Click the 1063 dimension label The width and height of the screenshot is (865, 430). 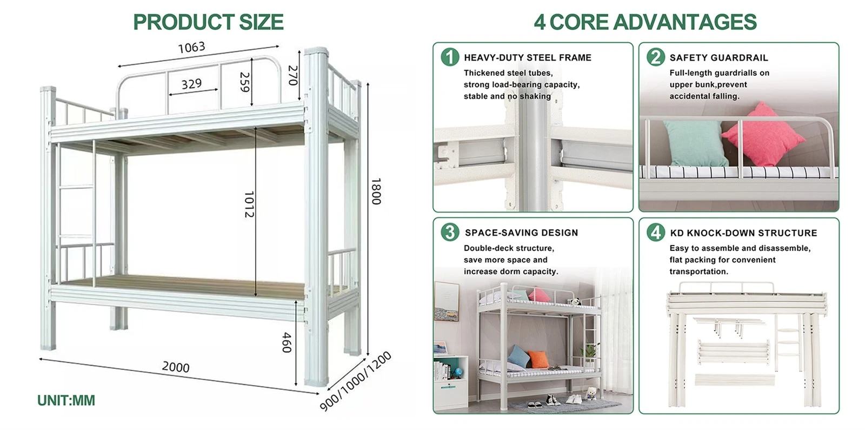(x=191, y=48)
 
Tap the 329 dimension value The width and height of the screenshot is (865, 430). (x=191, y=83)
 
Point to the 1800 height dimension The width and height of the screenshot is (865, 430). (x=376, y=191)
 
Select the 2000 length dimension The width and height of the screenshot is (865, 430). (x=176, y=367)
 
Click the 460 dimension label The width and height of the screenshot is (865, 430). (x=287, y=342)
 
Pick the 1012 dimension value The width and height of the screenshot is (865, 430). (x=249, y=204)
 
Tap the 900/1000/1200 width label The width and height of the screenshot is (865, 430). (x=356, y=381)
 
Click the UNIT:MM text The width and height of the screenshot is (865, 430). (x=66, y=401)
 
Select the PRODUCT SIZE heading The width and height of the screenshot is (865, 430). (x=209, y=22)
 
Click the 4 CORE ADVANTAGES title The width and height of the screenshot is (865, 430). (x=646, y=22)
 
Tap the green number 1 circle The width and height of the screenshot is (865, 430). (x=450, y=57)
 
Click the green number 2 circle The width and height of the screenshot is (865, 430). (x=656, y=57)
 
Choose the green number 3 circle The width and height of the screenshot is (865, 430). (x=450, y=232)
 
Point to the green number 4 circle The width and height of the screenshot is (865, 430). (x=656, y=232)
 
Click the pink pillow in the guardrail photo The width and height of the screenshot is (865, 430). (x=763, y=135)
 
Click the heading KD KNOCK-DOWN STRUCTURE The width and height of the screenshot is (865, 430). (x=744, y=233)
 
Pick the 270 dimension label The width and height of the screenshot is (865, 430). (x=294, y=75)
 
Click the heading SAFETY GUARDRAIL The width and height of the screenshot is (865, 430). (x=719, y=58)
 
